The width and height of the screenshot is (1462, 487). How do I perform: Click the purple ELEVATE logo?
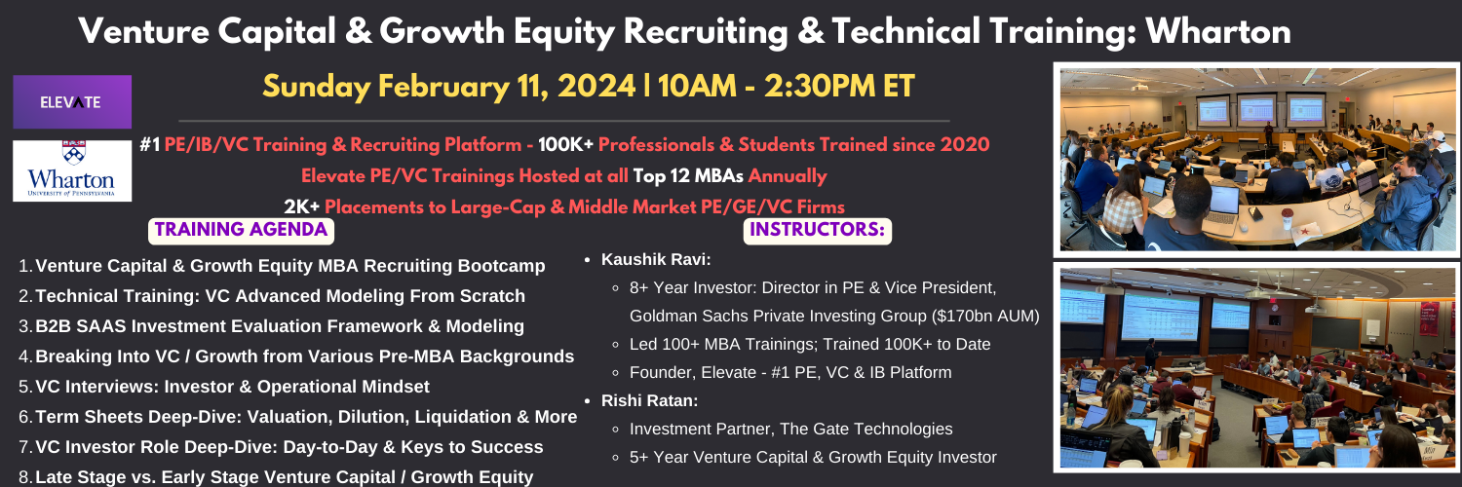tap(72, 101)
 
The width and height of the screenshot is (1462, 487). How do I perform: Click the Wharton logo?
tap(72, 170)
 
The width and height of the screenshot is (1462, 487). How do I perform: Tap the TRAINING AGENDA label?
tap(241, 230)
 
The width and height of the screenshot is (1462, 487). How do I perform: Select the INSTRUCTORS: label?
tap(817, 230)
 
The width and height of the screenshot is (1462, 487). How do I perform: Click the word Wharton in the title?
tap(1218, 30)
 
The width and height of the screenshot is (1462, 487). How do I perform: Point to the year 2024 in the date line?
tap(596, 86)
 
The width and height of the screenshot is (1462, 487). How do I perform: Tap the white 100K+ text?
tap(565, 145)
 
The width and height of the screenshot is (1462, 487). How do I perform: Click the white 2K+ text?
tap(301, 206)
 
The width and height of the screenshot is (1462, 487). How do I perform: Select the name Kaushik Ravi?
tap(654, 259)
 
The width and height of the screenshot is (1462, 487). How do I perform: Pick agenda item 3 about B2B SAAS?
tap(280, 326)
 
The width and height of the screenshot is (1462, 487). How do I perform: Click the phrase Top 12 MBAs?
tap(688, 176)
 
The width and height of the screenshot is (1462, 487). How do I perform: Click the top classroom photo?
tap(1257, 160)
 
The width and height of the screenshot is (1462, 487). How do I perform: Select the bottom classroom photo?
tap(1257, 367)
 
